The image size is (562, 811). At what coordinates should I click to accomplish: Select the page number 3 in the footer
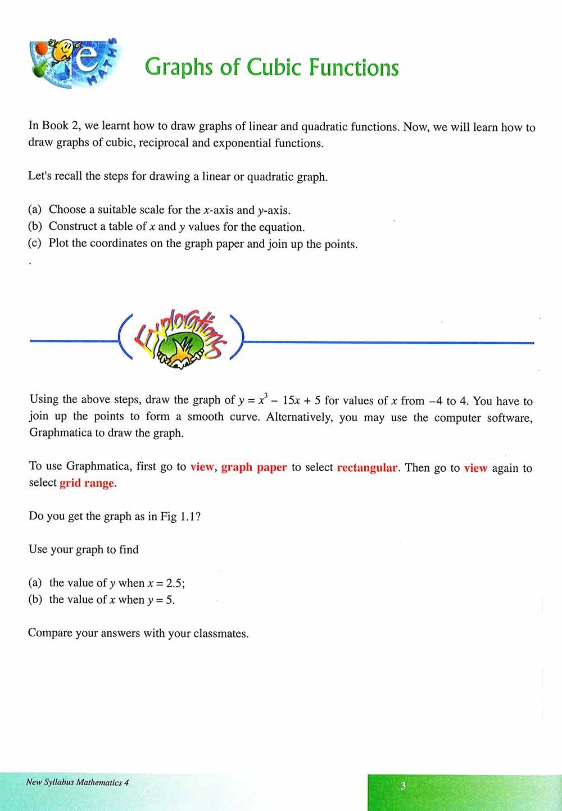click(x=403, y=786)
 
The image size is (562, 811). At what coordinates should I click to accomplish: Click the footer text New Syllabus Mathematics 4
click(x=78, y=782)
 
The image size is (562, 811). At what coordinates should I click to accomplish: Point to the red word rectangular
click(x=367, y=468)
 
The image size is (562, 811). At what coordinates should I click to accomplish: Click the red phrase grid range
click(x=87, y=483)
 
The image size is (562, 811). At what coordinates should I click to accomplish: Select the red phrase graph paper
click(x=254, y=468)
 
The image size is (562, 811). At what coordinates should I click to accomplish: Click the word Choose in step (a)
click(x=67, y=209)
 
